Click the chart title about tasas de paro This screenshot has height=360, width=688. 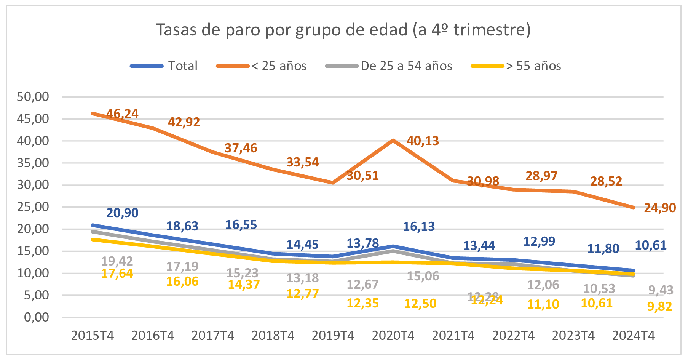click(x=343, y=30)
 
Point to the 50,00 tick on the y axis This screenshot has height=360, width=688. click(x=33, y=97)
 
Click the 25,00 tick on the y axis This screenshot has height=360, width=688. click(x=33, y=207)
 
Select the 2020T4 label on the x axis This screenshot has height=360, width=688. click(x=393, y=336)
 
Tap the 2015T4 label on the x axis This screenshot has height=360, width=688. click(x=93, y=336)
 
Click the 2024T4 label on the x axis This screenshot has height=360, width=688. click(x=634, y=336)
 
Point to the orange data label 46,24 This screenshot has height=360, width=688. click(x=122, y=114)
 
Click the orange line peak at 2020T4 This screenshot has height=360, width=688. click(x=393, y=141)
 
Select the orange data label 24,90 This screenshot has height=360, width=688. click(x=660, y=208)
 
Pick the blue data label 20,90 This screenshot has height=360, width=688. click(x=122, y=213)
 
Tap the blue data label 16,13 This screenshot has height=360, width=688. click(x=419, y=227)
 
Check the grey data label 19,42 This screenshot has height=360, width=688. click(x=117, y=261)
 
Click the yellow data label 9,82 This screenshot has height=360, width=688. click(x=660, y=306)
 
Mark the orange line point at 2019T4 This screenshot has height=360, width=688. click(x=333, y=183)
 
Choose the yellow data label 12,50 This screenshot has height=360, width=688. click(x=420, y=304)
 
